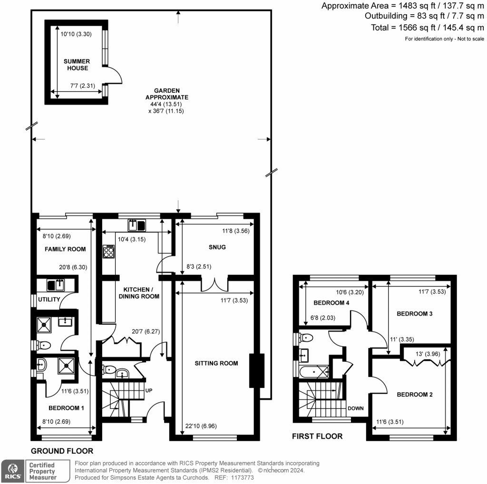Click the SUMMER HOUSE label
click(x=77, y=65)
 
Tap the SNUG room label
click(x=216, y=247)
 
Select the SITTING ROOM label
click(x=216, y=364)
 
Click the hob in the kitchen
click(x=108, y=251)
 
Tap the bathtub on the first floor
click(x=314, y=370)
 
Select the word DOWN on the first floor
click(x=356, y=408)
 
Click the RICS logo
click(x=12, y=471)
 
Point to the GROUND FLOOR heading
click(x=62, y=451)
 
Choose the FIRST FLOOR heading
click(x=317, y=436)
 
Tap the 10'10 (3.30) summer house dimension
click(x=76, y=34)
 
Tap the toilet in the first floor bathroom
click(x=306, y=338)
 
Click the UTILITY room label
click(x=49, y=300)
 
